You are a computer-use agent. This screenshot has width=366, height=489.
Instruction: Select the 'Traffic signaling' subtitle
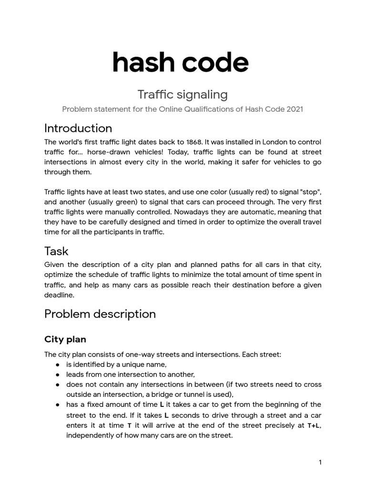click(183, 94)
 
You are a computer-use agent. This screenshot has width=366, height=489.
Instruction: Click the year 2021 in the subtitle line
click(295, 109)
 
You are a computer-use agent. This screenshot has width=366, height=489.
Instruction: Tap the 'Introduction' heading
click(78, 128)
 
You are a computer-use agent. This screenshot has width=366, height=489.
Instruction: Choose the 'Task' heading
click(56, 251)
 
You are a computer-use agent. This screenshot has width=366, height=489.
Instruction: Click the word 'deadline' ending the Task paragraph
click(59, 295)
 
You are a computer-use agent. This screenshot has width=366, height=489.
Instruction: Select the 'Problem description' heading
click(100, 314)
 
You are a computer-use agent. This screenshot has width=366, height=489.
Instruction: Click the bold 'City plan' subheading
click(65, 340)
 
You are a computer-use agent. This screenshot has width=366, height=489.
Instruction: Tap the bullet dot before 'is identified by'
click(57, 364)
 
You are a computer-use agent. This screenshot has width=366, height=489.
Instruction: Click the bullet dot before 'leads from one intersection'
click(57, 374)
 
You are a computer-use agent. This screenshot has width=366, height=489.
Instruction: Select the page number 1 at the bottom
click(320, 462)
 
